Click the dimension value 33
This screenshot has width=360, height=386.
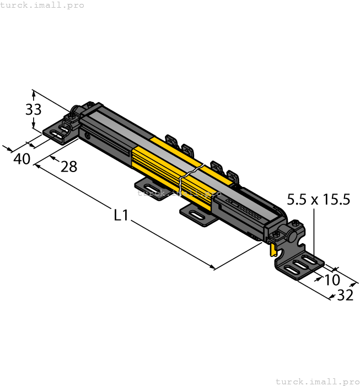point(33,109)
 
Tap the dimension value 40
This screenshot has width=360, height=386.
point(22,159)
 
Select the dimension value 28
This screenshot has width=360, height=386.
point(69,166)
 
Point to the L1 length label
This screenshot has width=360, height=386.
point(121,215)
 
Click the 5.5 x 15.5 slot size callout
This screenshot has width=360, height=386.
point(319,200)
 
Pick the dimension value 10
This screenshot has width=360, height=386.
point(332,280)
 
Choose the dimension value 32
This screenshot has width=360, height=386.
point(345,296)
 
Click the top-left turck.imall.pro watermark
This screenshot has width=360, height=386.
point(42,5)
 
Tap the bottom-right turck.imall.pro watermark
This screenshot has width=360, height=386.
point(317,381)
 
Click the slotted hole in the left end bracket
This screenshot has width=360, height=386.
point(56,133)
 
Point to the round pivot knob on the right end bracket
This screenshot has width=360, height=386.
point(292,238)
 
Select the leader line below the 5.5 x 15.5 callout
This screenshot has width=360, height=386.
point(314,232)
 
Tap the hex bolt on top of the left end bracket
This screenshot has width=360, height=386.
point(71,116)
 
